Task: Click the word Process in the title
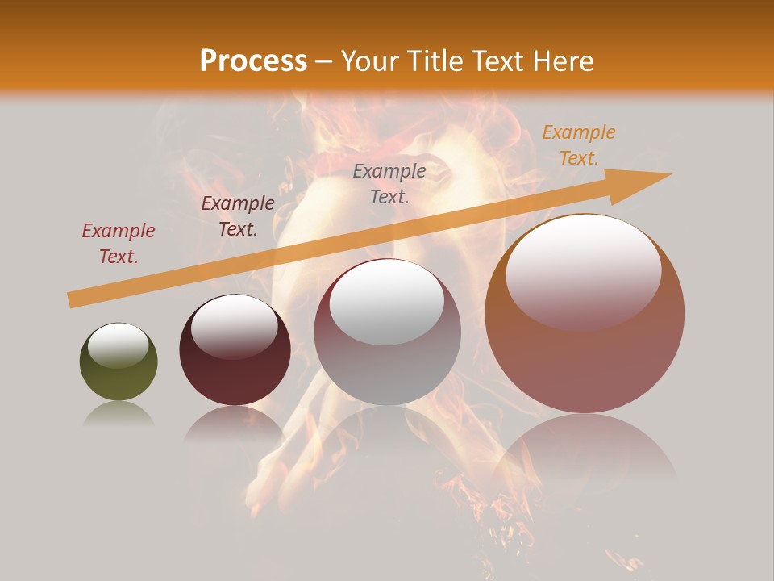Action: coord(253,61)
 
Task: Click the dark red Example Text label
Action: coord(119,243)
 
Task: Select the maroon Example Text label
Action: coord(238,215)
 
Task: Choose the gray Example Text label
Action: coord(389,183)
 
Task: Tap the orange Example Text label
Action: coord(578,145)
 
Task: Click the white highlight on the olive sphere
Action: coord(118,345)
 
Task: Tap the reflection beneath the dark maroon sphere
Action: coord(235,424)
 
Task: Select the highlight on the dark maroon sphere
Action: coord(235,324)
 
